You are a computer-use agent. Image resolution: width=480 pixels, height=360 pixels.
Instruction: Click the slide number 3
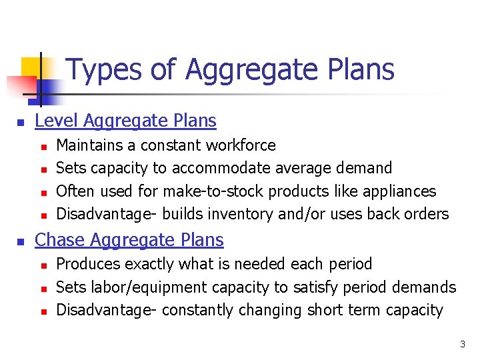462,345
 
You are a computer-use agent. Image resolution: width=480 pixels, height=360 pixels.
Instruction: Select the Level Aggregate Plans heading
125,121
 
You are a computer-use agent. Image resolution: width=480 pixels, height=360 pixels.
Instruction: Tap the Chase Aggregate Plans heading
129,239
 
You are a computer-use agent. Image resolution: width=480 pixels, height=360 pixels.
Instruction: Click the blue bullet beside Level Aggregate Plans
21,122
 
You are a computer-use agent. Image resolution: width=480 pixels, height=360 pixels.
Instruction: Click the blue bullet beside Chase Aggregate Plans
21,241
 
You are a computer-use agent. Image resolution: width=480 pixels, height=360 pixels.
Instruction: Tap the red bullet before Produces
43,265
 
